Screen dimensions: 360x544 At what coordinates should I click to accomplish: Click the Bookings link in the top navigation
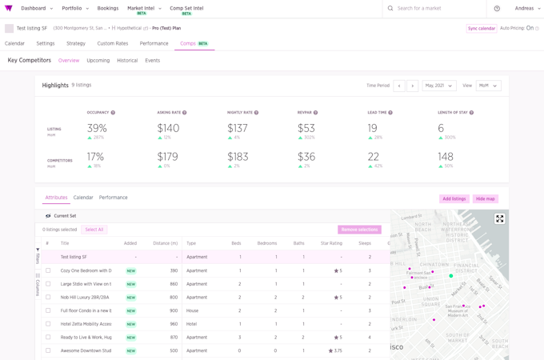[x=108, y=8]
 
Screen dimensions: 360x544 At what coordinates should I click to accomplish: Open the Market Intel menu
[x=144, y=9]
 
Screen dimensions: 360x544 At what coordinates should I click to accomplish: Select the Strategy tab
[x=76, y=43]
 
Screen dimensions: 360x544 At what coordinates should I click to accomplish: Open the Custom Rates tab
[x=113, y=43]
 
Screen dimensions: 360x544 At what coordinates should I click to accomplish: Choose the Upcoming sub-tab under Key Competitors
[x=98, y=61]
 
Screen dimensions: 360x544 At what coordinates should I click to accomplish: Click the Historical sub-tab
[x=127, y=61]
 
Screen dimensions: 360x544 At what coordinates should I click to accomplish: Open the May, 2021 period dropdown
[x=439, y=86]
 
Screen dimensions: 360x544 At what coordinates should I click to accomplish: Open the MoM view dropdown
[x=488, y=86]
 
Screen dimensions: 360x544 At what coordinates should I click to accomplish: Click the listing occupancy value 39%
[x=97, y=128]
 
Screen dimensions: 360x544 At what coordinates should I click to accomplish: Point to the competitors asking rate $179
[x=167, y=157]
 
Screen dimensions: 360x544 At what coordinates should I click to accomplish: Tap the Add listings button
[x=454, y=198]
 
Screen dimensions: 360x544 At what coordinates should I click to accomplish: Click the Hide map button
[x=486, y=198]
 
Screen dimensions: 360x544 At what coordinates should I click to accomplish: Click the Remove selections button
[x=359, y=230]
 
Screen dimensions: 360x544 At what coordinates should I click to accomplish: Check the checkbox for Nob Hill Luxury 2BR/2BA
[x=48, y=298]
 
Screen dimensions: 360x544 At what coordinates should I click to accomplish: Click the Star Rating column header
[x=330, y=243]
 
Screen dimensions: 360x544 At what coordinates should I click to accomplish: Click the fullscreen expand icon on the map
[x=500, y=218]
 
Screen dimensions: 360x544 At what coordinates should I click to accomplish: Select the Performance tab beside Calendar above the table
[x=114, y=198]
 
